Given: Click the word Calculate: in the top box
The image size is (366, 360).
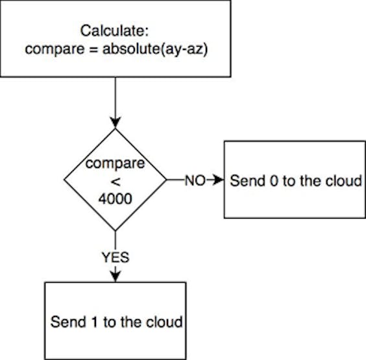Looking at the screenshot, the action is [114, 30].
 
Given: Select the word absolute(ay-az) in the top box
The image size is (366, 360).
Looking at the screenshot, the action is [155, 49].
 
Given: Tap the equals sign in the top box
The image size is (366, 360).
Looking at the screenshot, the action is [93, 49].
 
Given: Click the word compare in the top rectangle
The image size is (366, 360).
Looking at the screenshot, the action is [55, 50].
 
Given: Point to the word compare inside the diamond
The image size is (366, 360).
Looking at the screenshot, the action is [115, 164].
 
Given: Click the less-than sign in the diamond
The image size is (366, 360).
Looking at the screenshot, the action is [116, 182].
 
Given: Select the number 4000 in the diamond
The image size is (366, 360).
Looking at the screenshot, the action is [115, 199].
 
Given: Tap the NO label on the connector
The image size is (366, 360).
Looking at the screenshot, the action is [195, 180].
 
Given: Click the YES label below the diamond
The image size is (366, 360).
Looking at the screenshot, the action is [116, 258].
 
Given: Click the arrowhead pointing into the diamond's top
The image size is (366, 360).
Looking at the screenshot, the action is [116, 123].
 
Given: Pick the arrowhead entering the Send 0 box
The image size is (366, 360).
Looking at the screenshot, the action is [219, 180].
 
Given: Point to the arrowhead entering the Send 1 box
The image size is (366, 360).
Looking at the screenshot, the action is [116, 276].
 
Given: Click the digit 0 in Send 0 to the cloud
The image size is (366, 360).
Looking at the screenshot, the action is [274, 181].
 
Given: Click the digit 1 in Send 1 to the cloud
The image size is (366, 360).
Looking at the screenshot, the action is [94, 322].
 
